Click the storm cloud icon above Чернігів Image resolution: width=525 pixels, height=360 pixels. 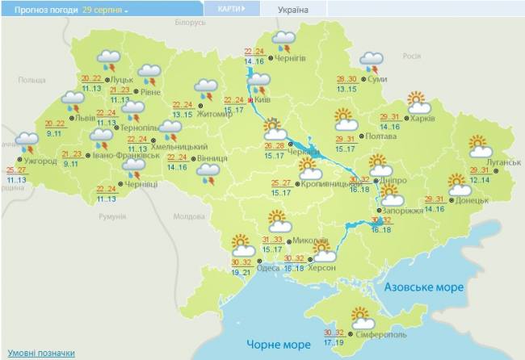[284, 40]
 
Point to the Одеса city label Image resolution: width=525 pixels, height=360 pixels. [275, 268]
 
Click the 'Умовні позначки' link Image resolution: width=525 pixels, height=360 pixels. [41, 353]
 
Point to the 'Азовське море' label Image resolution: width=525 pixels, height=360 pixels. [424, 287]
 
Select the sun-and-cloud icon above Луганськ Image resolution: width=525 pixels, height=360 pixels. [481, 146]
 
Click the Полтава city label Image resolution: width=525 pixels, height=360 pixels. [381, 136]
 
